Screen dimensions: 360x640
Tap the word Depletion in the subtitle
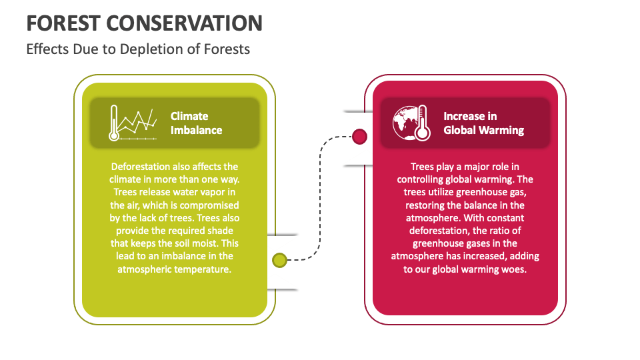tap(145, 49)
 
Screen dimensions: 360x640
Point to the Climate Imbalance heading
tap(196, 123)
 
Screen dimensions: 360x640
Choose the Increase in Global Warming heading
tap(483, 123)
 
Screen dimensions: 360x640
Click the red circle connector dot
tap(359, 137)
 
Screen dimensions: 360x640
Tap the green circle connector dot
tap(280, 260)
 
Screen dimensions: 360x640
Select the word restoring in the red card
tap(427, 205)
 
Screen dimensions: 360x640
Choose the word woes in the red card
tap(513, 269)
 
